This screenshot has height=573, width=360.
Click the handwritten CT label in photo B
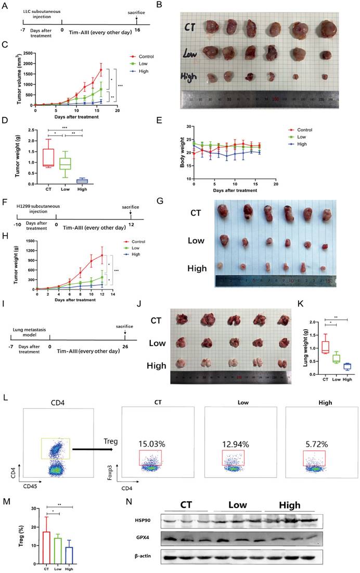click(x=189, y=26)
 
